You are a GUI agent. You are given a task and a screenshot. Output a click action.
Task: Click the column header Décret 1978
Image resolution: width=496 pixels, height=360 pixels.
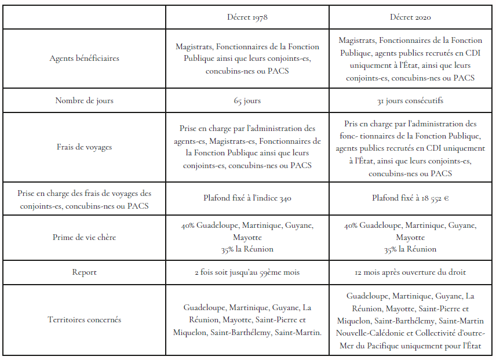[247, 17]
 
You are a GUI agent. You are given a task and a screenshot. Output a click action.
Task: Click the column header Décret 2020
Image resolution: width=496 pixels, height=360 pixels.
[410, 17]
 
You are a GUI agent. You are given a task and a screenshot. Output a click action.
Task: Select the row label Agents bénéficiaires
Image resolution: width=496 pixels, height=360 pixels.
[85, 58]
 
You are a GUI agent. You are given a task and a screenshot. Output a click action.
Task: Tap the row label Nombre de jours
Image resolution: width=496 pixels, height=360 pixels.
[85, 100]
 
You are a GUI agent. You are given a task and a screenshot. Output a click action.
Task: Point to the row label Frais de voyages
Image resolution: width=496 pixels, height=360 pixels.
[85, 147]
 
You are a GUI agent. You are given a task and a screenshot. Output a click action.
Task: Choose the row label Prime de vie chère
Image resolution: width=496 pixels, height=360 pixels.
[85, 237]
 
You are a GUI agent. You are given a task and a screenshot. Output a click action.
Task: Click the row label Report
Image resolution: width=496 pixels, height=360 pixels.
[85, 272]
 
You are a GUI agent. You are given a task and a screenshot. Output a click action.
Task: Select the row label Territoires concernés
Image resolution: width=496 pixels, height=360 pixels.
[85, 319]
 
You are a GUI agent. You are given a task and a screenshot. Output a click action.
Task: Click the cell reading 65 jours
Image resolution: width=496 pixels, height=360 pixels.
[247, 100]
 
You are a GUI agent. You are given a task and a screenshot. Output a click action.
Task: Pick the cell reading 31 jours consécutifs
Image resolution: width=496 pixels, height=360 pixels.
[410, 100]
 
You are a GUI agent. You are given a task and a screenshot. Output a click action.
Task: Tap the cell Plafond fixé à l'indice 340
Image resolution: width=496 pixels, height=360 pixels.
[247, 198]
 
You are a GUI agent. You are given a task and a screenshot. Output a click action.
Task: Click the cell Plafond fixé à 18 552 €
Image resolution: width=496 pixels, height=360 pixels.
[410, 198]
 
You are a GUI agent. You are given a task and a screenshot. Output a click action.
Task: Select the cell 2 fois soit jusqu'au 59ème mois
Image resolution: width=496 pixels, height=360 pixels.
[247, 272]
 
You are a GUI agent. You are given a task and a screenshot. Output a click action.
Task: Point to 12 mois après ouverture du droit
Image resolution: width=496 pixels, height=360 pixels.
[410, 272]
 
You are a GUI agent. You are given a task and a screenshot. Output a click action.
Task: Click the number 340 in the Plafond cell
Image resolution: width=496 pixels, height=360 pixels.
[283, 198]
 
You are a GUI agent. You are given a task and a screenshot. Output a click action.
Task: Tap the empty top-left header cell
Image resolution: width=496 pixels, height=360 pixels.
[85, 17]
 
